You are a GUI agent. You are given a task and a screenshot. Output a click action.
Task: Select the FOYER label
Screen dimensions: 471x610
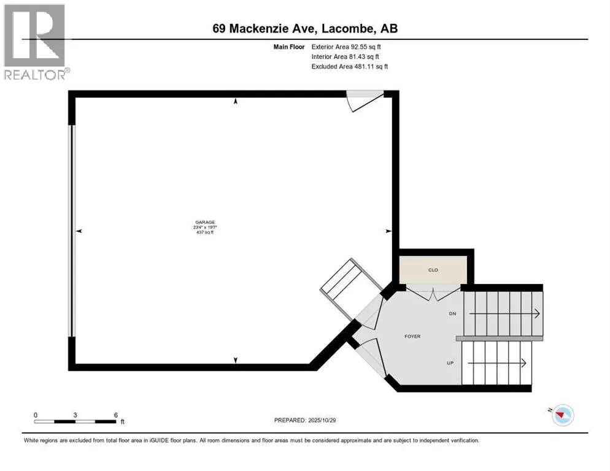[x=412, y=336]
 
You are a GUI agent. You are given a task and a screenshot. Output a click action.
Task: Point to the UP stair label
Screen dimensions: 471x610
[x=450, y=363]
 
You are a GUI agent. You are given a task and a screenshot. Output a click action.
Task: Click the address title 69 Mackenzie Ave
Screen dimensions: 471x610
[x=304, y=28]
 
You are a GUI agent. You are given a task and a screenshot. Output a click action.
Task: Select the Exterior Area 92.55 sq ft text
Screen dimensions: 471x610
[x=350, y=46]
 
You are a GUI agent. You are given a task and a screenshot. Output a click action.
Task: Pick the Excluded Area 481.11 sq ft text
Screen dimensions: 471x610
[x=350, y=66]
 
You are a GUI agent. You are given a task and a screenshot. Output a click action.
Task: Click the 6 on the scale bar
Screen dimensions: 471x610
[x=115, y=415]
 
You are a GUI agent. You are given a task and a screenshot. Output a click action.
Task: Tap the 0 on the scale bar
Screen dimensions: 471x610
[x=36, y=415]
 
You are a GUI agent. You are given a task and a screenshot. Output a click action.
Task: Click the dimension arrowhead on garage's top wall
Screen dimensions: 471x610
[x=236, y=102]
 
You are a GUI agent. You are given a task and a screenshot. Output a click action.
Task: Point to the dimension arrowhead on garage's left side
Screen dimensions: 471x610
[x=79, y=231]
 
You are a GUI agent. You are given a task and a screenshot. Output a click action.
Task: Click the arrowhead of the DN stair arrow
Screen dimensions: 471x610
[x=537, y=314]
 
